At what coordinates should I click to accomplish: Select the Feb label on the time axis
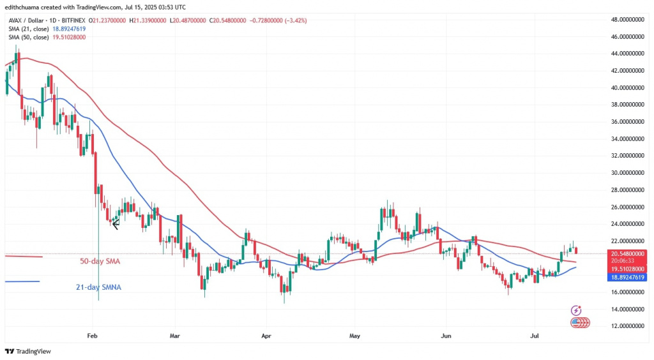(x=92, y=334)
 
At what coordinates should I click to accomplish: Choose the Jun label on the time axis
(x=446, y=334)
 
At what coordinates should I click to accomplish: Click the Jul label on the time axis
(x=534, y=334)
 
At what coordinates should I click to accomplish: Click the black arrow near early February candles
(x=116, y=223)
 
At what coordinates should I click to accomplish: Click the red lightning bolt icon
(x=577, y=310)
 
